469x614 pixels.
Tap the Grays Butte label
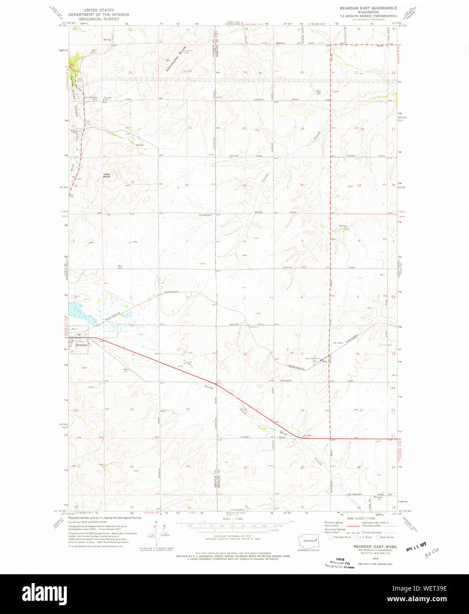pyautogui.click(x=107, y=175)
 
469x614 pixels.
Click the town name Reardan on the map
pyautogui.click(x=82, y=345)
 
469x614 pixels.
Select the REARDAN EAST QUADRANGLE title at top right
pyautogui.click(x=368, y=8)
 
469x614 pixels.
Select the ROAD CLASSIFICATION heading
pyautogui.click(x=361, y=519)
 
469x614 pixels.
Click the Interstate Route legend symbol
pyautogui.click(x=330, y=537)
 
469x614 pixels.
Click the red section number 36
pyautogui.click(x=186, y=185)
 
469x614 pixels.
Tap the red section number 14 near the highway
pyautogui.click(x=132, y=355)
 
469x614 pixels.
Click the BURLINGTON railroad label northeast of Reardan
pyautogui.click(x=112, y=316)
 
